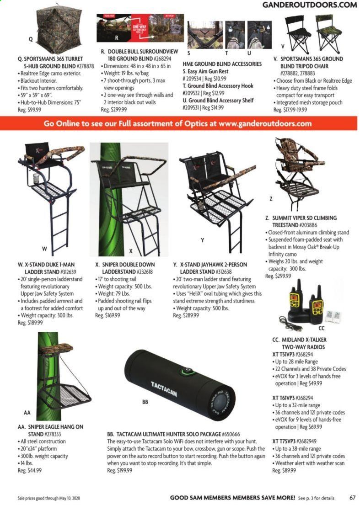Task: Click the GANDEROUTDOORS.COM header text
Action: pos(309,5)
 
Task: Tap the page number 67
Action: pos(352,498)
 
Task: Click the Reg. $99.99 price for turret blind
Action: pos(29,110)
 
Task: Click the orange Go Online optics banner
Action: pos(178,123)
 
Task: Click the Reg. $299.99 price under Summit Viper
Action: pos(278,276)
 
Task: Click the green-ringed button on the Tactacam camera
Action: pos(187,371)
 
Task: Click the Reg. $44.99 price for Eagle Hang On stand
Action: pos(29,471)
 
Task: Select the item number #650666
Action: pos(231,434)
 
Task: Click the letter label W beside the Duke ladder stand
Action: pos(44,249)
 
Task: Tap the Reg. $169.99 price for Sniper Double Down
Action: pos(107,315)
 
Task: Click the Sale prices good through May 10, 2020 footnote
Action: pos(48,498)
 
